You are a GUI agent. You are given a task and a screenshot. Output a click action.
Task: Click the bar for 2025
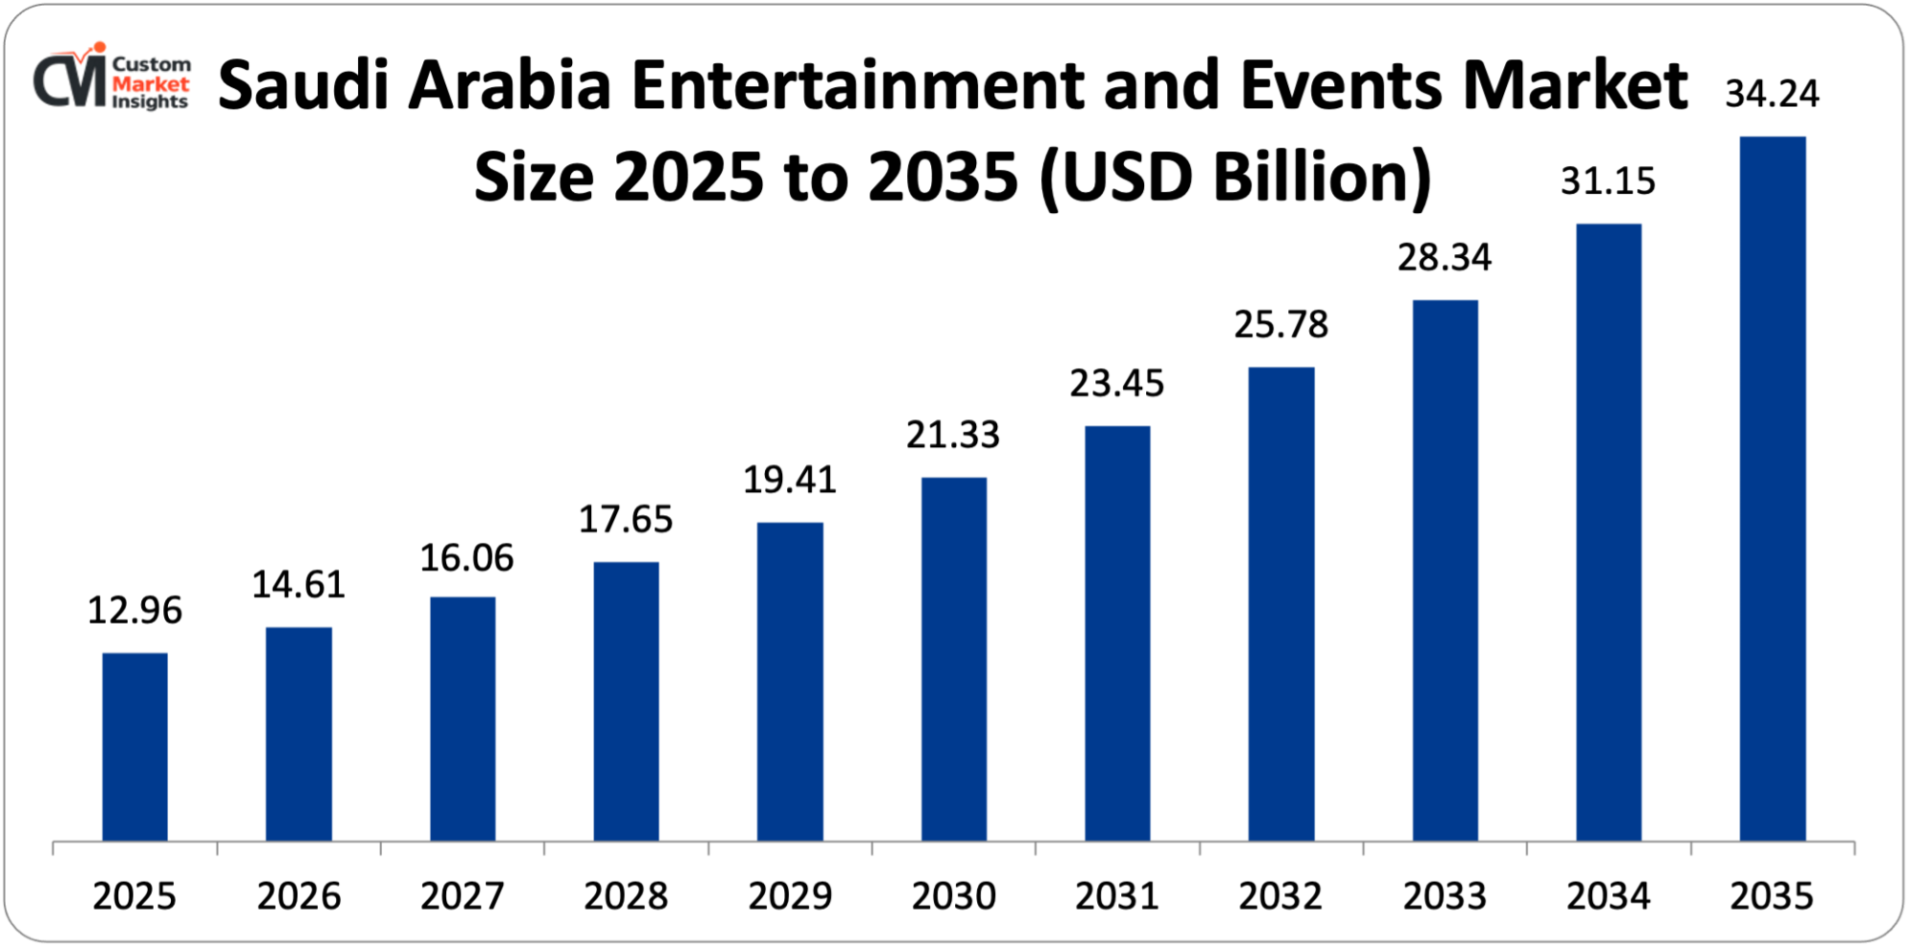click(x=135, y=746)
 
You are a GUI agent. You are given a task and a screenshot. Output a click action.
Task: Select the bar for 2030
click(x=954, y=659)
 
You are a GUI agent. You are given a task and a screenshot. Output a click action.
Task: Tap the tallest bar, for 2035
click(x=1772, y=488)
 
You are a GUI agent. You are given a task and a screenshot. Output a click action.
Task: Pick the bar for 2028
click(x=626, y=701)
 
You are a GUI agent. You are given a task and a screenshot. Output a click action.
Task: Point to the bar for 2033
click(x=1445, y=570)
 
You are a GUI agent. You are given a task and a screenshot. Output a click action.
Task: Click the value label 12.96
click(x=135, y=611)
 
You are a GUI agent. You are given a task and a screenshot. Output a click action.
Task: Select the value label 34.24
click(x=1772, y=94)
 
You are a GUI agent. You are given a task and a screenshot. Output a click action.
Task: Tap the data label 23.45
click(x=1117, y=384)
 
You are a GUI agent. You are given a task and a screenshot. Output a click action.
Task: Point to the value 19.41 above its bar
click(x=790, y=480)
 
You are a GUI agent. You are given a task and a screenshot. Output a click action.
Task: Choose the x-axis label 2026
click(x=299, y=896)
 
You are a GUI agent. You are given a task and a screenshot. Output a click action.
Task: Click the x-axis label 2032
click(x=1281, y=896)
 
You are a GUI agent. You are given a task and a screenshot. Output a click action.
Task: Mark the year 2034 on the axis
click(x=1608, y=896)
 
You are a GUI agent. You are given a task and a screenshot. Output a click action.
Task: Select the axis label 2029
click(x=790, y=896)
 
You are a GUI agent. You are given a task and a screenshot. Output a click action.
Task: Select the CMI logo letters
click(x=69, y=81)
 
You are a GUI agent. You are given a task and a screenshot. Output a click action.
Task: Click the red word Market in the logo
click(x=151, y=83)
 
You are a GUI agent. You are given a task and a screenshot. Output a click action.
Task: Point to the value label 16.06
click(x=467, y=558)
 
